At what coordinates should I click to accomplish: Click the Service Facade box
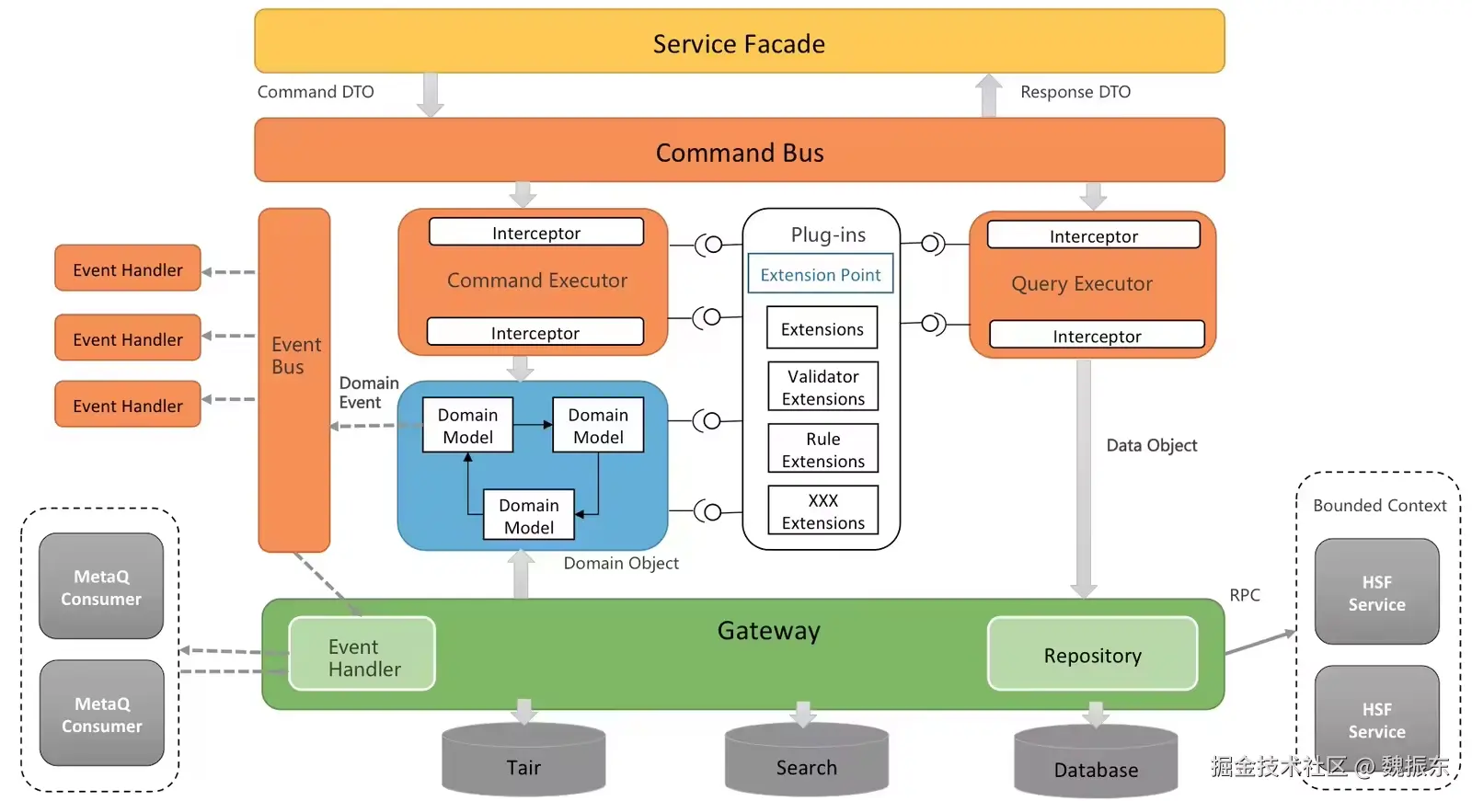tap(739, 42)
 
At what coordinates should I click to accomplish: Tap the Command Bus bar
tap(739, 151)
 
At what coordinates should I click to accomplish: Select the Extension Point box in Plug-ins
tap(820, 274)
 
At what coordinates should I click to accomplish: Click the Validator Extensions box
tap(822, 387)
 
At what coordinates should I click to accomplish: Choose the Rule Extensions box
tap(822, 450)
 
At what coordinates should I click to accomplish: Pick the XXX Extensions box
tap(822, 511)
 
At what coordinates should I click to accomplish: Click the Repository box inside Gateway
tap(1092, 655)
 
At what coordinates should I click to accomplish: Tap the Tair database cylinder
tap(523, 762)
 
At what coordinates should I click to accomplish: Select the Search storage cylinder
tap(806, 762)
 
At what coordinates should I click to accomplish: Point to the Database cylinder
tap(1095, 765)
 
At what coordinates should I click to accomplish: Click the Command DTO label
tap(316, 92)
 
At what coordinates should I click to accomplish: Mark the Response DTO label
tap(1075, 92)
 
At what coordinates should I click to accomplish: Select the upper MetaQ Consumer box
tap(101, 587)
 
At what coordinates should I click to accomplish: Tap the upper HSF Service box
tap(1376, 592)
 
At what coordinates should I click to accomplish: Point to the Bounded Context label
tap(1379, 505)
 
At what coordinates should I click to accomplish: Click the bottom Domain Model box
tap(528, 515)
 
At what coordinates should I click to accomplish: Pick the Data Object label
tap(1151, 445)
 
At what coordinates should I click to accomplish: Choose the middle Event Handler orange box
tap(128, 338)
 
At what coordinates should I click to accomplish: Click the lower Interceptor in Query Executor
tap(1096, 336)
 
